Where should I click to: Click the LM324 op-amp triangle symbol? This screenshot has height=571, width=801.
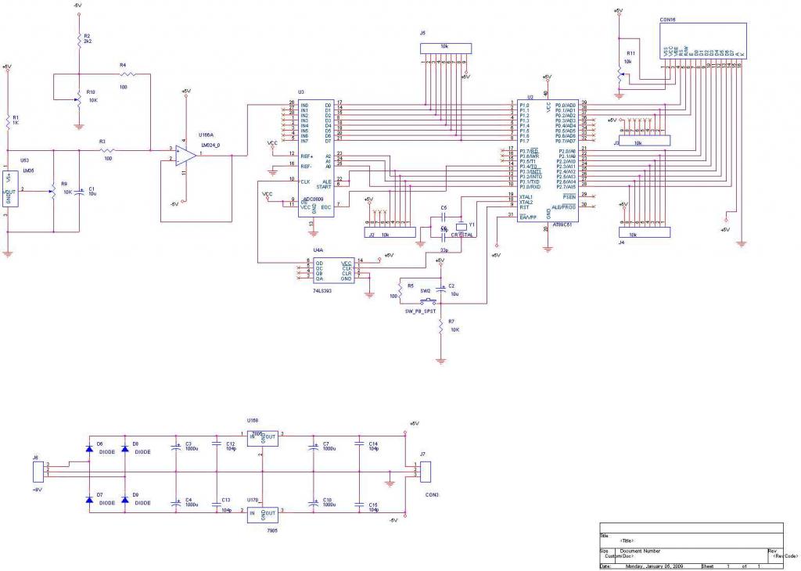(185, 155)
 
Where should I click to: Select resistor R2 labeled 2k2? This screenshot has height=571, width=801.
(79, 41)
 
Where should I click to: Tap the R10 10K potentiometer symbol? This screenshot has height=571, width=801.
(79, 99)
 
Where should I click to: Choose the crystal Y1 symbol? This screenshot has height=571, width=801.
(461, 228)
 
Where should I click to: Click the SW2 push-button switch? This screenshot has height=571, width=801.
(426, 300)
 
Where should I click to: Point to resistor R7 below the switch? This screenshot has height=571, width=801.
(442, 325)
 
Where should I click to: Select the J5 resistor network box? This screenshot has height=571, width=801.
(447, 48)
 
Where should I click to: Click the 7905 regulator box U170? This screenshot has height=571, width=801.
(262, 514)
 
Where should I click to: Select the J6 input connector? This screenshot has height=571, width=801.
(37, 471)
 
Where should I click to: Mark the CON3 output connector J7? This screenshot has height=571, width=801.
(426, 472)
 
